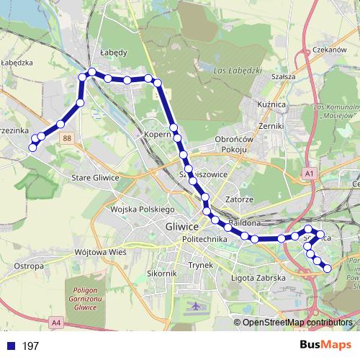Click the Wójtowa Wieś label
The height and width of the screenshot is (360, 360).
pos(100,253)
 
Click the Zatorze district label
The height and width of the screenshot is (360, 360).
pos(239,198)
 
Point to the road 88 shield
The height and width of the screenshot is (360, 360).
pos(67,138)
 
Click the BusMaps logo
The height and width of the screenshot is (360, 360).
pos(325,345)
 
